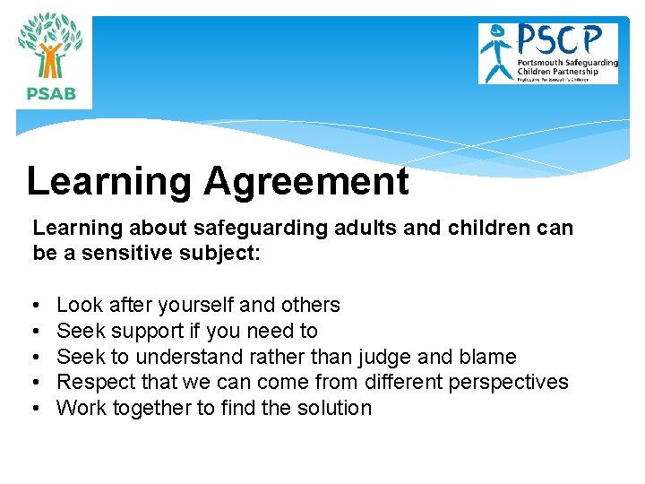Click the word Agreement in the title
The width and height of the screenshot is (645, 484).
(305, 182)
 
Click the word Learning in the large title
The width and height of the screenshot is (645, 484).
(108, 182)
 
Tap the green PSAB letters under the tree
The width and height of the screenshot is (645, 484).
(51, 91)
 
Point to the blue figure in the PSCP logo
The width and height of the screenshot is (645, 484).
(495, 52)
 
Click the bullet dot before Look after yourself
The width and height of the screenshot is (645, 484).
(37, 306)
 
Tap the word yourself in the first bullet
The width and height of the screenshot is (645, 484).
(203, 305)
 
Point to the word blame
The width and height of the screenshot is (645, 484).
(487, 357)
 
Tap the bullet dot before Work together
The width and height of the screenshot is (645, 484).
(37, 409)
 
